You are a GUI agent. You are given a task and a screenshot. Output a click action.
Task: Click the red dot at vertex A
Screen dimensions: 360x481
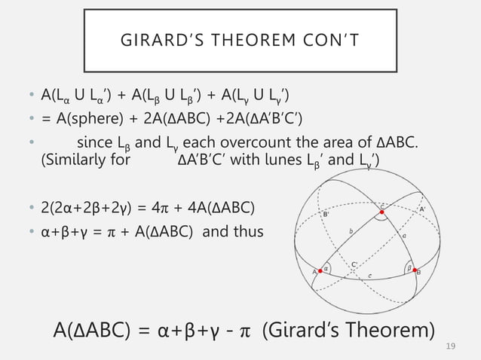(320, 271)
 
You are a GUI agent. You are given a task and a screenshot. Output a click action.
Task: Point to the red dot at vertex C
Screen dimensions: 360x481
(383, 213)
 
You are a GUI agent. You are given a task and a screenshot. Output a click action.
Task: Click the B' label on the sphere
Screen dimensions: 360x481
(326, 215)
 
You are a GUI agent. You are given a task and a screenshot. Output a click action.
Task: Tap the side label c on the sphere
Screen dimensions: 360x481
(369, 277)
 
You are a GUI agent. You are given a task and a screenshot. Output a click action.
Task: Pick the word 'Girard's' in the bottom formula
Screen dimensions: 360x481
(302, 331)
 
